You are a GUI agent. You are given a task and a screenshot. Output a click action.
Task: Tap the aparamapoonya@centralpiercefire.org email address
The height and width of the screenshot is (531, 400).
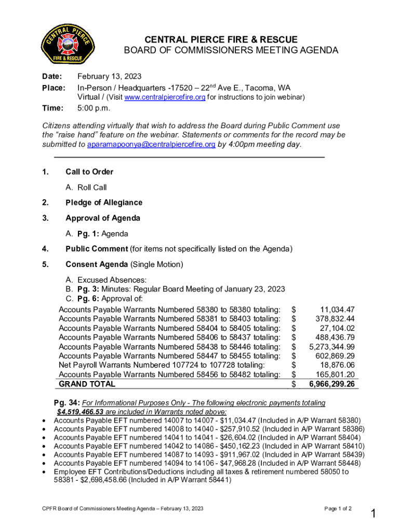click(151, 144)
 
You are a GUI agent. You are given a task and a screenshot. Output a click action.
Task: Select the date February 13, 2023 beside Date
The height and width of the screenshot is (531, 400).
click(109, 76)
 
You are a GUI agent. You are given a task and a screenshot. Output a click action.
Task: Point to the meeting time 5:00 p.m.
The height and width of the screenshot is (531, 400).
click(94, 108)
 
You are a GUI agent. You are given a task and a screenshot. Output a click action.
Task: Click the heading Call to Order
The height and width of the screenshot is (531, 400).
click(89, 172)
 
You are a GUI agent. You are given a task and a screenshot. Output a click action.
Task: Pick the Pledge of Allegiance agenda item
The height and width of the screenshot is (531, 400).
click(104, 202)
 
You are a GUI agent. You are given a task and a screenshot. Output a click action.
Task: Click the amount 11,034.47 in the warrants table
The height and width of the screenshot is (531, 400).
click(337, 309)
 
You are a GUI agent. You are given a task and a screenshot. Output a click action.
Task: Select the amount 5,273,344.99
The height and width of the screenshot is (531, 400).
click(332, 346)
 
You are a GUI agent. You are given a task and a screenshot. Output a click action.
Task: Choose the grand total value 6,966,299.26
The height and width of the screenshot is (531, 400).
click(332, 384)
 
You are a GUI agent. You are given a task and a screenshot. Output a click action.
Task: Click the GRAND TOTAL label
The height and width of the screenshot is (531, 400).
click(87, 384)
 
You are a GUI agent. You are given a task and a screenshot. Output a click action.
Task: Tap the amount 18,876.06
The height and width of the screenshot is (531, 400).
click(337, 365)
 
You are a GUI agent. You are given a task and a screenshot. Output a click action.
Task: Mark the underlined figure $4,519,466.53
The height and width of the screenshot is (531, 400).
click(79, 411)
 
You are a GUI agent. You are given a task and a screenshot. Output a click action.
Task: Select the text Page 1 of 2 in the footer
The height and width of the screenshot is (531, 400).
click(338, 509)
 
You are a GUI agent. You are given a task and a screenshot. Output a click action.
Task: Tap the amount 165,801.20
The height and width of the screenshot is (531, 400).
click(335, 374)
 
